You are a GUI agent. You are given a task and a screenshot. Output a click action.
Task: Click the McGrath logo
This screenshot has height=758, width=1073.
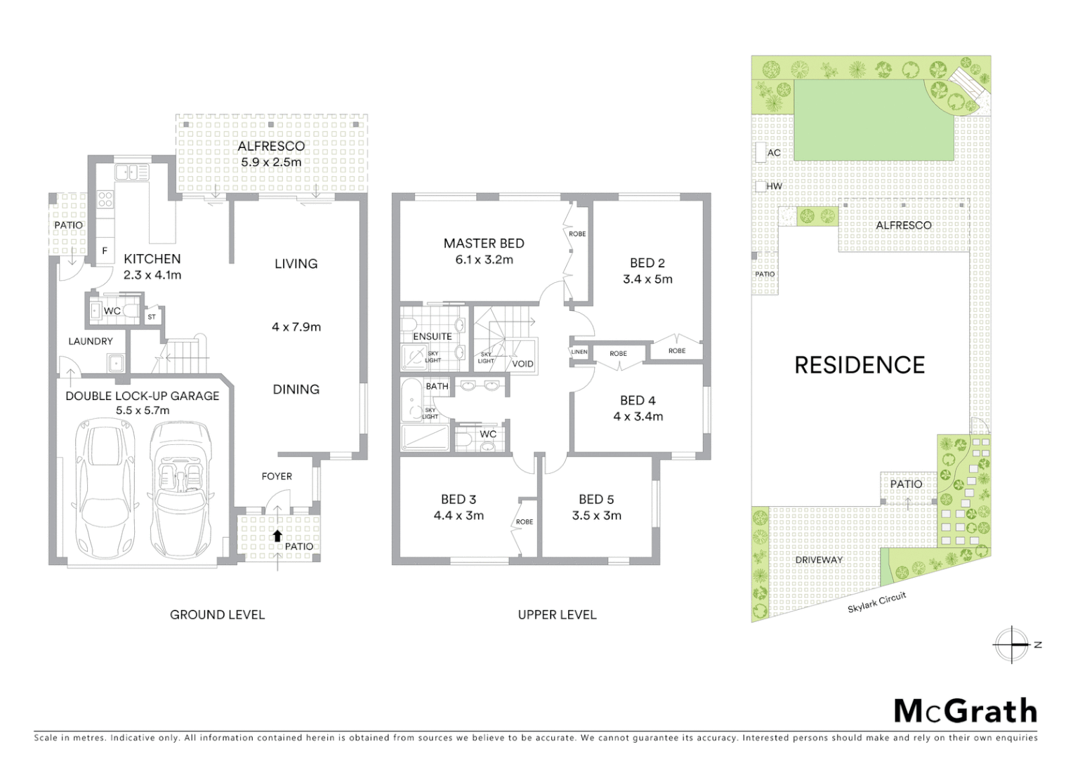(x=965, y=711)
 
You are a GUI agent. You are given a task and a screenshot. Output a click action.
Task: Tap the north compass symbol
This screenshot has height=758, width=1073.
(x=1013, y=644)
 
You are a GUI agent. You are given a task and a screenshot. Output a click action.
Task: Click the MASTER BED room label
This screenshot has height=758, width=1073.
(x=483, y=244)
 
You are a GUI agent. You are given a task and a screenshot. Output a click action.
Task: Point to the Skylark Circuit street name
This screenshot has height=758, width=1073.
(x=876, y=602)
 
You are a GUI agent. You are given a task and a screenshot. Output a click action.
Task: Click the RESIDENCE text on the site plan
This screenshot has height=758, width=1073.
(x=860, y=365)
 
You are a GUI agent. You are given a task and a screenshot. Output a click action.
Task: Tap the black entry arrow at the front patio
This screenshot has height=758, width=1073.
(x=277, y=536)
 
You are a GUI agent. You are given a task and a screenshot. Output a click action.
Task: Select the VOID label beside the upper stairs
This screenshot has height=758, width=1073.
(x=522, y=364)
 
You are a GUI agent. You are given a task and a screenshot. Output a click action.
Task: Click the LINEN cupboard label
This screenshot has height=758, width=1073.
(x=579, y=352)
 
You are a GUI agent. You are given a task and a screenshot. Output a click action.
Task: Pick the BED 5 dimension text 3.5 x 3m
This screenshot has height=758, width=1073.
(x=596, y=515)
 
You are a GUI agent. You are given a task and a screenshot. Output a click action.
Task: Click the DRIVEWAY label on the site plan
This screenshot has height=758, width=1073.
(x=819, y=560)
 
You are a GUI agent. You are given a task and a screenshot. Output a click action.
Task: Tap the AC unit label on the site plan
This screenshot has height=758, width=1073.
(x=774, y=153)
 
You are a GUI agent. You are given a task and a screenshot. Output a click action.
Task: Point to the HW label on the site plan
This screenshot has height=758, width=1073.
(x=774, y=187)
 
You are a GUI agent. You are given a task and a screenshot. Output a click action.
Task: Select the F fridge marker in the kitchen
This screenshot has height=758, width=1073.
(x=105, y=251)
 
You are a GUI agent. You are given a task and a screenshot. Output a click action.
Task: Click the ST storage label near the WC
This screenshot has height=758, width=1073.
(x=152, y=317)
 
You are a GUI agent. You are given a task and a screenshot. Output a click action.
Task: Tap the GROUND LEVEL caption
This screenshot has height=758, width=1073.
(x=217, y=615)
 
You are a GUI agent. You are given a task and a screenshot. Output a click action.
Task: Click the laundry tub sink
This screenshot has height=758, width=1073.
(x=115, y=363)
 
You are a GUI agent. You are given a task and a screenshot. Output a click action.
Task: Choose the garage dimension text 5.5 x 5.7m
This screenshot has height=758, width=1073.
(x=142, y=411)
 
